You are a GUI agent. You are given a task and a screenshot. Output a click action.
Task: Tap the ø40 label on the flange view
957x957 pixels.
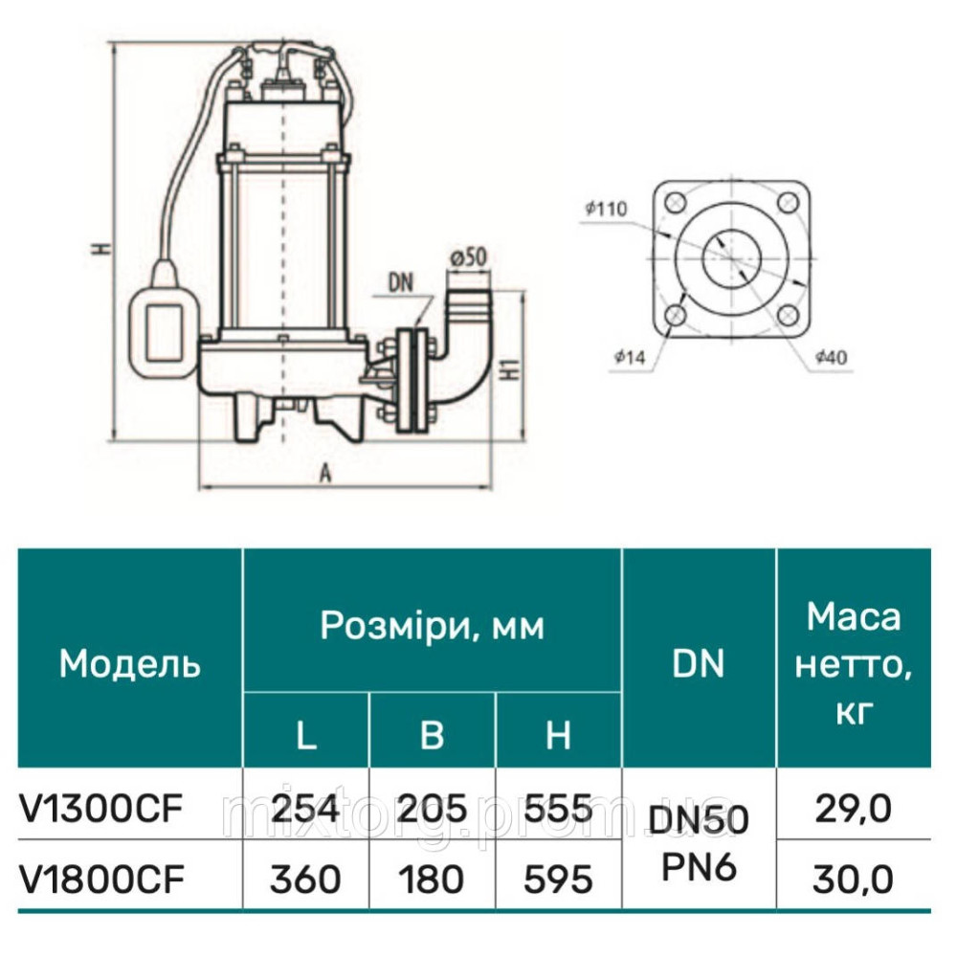[830, 357]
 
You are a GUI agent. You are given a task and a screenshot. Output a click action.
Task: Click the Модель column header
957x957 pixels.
[130, 663]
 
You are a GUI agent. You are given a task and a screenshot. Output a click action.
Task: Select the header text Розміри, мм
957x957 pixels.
[432, 626]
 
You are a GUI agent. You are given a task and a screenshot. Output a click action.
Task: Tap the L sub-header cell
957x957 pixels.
[306, 734]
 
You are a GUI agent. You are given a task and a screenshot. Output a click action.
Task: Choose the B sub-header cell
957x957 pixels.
[433, 734]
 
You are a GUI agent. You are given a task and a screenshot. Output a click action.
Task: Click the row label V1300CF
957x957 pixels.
[100, 810]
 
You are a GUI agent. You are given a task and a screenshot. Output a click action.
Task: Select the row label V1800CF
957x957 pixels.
[100, 878]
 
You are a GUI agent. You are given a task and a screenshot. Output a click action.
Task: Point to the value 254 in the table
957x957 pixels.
[306, 810]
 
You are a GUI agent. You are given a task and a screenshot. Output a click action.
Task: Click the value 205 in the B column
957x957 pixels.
[433, 810]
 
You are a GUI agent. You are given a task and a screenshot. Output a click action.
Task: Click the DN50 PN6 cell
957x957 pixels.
[700, 842]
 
